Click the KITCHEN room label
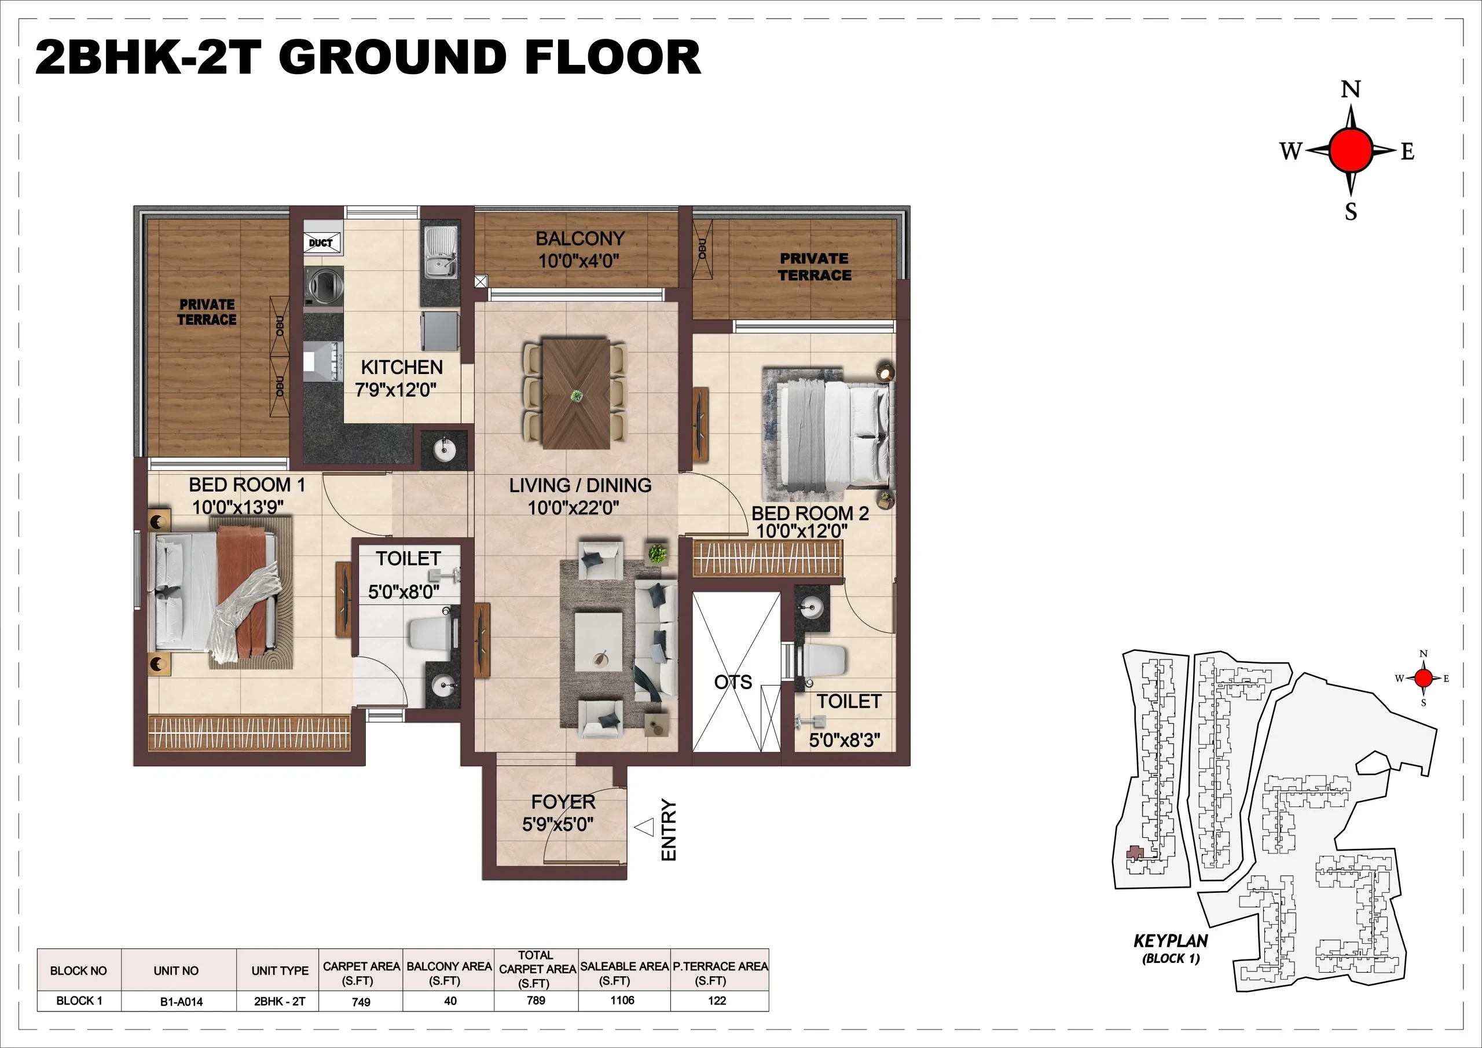tap(402, 368)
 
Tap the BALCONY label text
tap(579, 239)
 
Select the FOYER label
tap(563, 802)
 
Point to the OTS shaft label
tap(733, 683)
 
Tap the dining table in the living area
tap(576, 394)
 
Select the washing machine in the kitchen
tap(324, 282)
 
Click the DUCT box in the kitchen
tap(321, 243)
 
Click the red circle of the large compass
tap(1351, 151)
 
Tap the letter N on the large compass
tap(1351, 89)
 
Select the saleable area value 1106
tap(622, 1000)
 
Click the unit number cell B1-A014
tap(181, 1002)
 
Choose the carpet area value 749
tap(361, 1002)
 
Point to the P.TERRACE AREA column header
tap(720, 973)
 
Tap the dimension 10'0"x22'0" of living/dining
tap(573, 508)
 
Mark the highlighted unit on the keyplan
tap(1135, 852)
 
